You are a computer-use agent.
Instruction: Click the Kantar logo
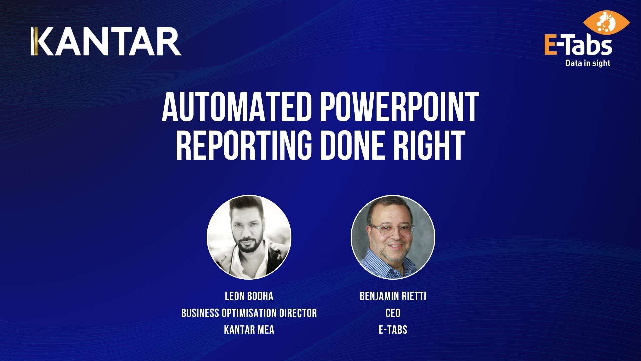pyautogui.click(x=106, y=41)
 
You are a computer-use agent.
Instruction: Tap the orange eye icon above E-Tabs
pyautogui.click(x=606, y=23)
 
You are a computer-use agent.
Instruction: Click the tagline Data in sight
pyautogui.click(x=588, y=63)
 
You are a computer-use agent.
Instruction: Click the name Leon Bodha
pyautogui.click(x=249, y=296)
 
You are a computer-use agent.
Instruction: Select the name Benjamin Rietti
pyautogui.click(x=393, y=296)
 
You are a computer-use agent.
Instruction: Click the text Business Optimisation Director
pyautogui.click(x=249, y=313)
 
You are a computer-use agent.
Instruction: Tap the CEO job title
pyautogui.click(x=393, y=313)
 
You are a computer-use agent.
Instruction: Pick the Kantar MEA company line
pyautogui.click(x=249, y=330)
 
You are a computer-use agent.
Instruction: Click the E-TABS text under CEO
pyautogui.click(x=393, y=330)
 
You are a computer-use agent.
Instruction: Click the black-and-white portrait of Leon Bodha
pyautogui.click(x=249, y=237)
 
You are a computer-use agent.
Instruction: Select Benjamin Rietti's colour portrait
pyautogui.click(x=393, y=237)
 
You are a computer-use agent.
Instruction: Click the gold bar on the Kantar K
pyautogui.click(x=33, y=41)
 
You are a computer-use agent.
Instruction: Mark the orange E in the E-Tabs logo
pyautogui.click(x=551, y=46)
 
